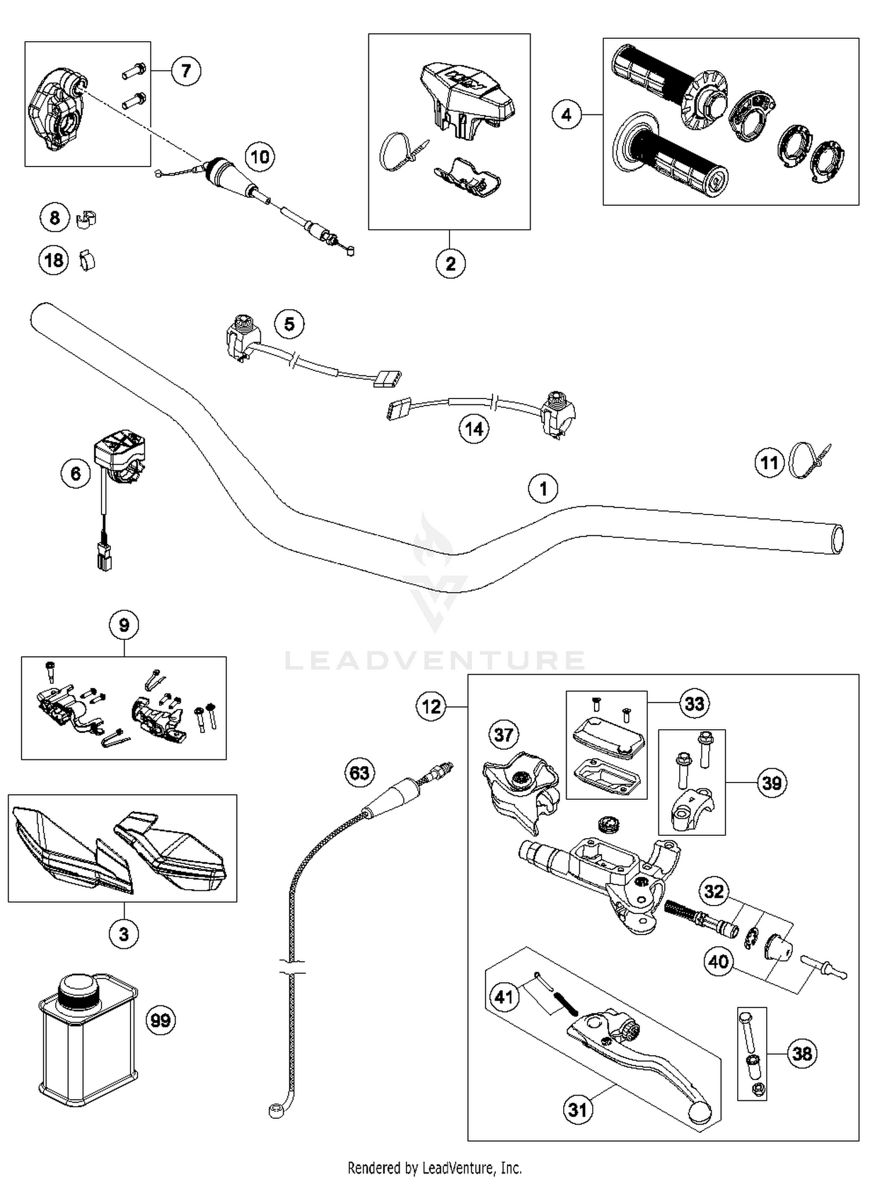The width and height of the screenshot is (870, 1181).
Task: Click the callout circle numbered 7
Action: click(186, 71)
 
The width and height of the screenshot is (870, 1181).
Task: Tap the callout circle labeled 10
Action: click(259, 157)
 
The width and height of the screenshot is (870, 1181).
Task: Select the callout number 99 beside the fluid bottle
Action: click(161, 1020)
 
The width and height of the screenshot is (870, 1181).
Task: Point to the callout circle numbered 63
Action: click(360, 773)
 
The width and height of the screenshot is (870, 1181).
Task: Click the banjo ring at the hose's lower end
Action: click(275, 1110)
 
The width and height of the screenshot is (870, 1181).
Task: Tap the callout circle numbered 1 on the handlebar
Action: click(543, 488)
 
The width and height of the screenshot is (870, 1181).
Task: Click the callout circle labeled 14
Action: click(474, 429)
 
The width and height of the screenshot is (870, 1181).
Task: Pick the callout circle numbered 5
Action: click(289, 324)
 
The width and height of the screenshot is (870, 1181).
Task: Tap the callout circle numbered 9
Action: click(124, 625)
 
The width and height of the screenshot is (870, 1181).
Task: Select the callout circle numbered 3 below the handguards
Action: click(124, 934)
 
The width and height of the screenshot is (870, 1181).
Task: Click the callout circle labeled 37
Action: click(503, 735)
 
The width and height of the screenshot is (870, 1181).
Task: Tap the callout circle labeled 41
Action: click(503, 997)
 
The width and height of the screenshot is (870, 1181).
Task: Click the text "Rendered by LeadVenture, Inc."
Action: click(434, 1167)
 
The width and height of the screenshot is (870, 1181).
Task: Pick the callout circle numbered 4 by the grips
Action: click(566, 115)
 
